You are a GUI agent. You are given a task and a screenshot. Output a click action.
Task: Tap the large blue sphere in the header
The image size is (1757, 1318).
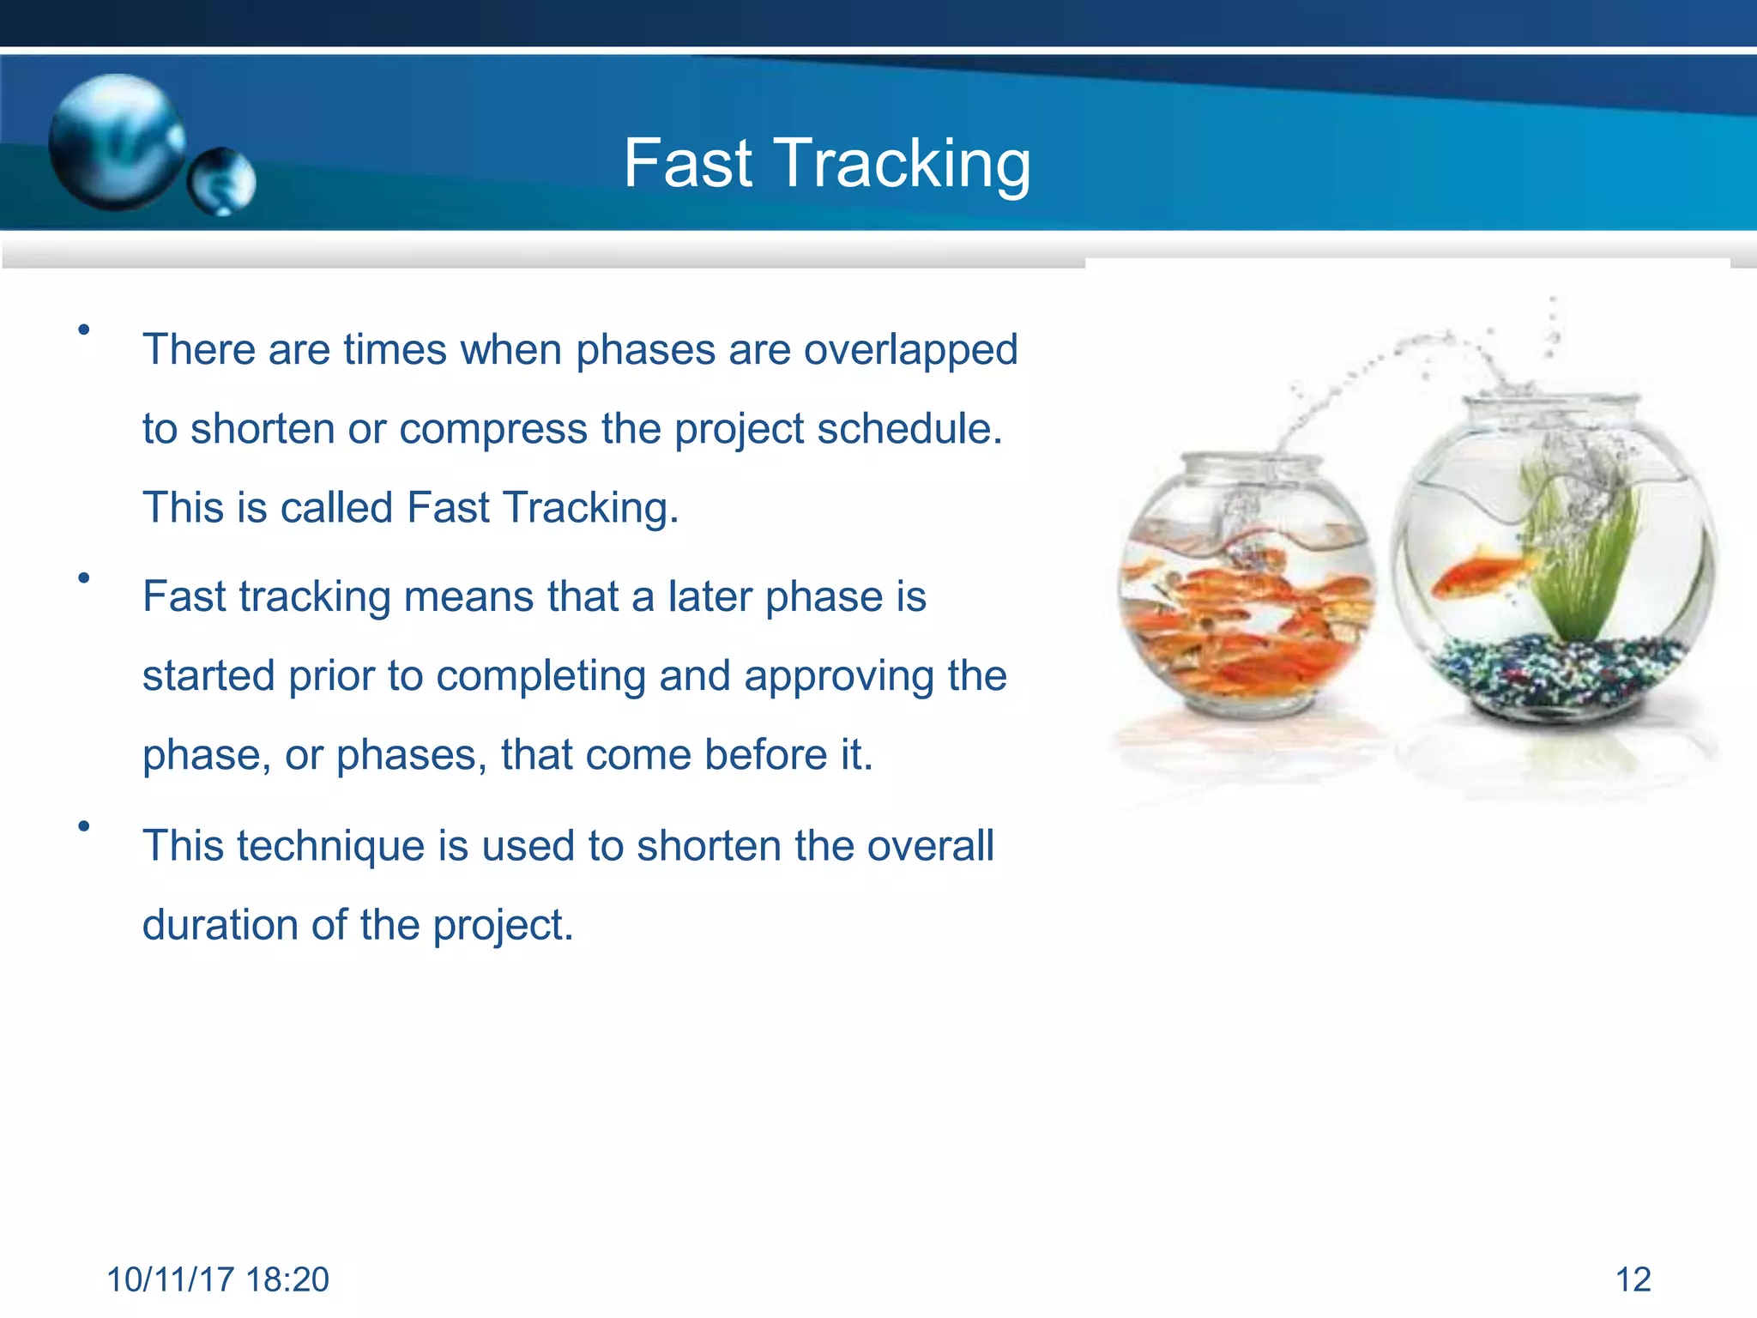pos(117,142)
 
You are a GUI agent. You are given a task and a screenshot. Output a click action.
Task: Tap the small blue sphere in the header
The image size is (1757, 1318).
pos(221,181)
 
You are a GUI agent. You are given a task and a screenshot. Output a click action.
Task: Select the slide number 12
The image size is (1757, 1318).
pos(1633,1279)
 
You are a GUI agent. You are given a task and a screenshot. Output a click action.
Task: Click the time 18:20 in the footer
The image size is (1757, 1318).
pos(287,1279)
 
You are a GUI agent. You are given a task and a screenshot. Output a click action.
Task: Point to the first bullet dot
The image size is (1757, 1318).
pos(83,329)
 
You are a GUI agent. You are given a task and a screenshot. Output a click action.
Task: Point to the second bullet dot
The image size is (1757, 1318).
pos(83,577)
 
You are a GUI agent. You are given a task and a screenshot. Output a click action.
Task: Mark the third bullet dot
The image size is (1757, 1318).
pos(83,826)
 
